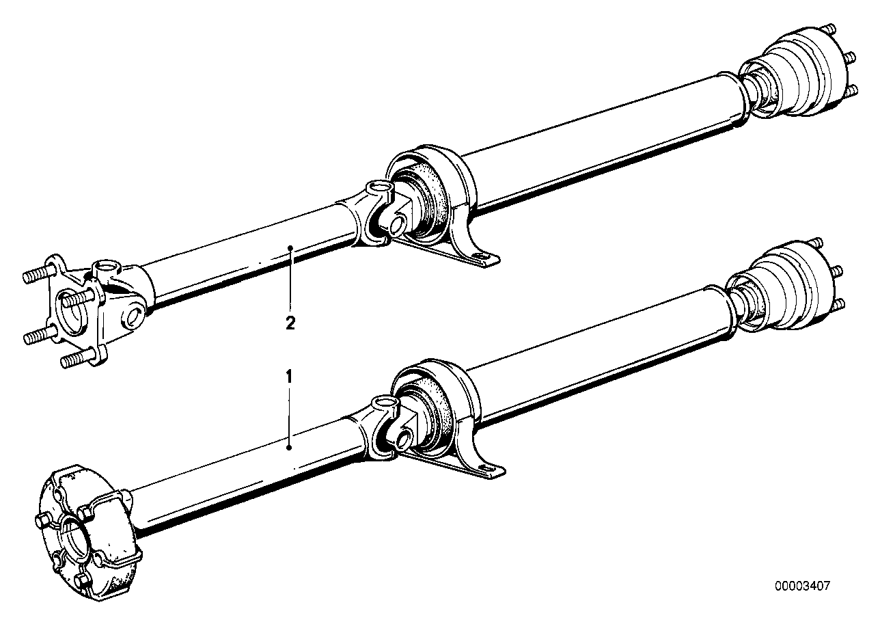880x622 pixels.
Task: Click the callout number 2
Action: tap(290, 324)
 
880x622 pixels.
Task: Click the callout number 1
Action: tap(289, 376)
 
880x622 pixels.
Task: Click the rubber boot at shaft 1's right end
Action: tap(786, 280)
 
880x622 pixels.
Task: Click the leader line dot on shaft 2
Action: tap(290, 247)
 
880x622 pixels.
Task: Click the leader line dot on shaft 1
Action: tap(290, 448)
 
